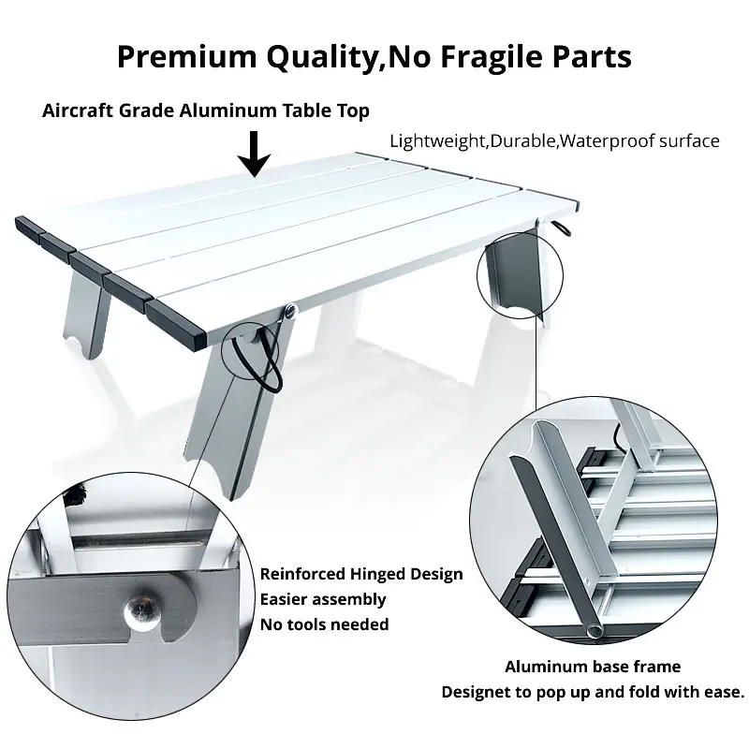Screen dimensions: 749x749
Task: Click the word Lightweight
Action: (435, 141)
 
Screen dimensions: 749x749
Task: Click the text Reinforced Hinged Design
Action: (360, 574)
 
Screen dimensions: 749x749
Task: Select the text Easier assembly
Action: (322, 599)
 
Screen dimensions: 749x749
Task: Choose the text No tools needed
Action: (324, 624)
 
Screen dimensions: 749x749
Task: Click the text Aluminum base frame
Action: (593, 668)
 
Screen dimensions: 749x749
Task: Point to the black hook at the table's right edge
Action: (562, 228)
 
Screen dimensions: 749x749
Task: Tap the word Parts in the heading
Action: (586, 56)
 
